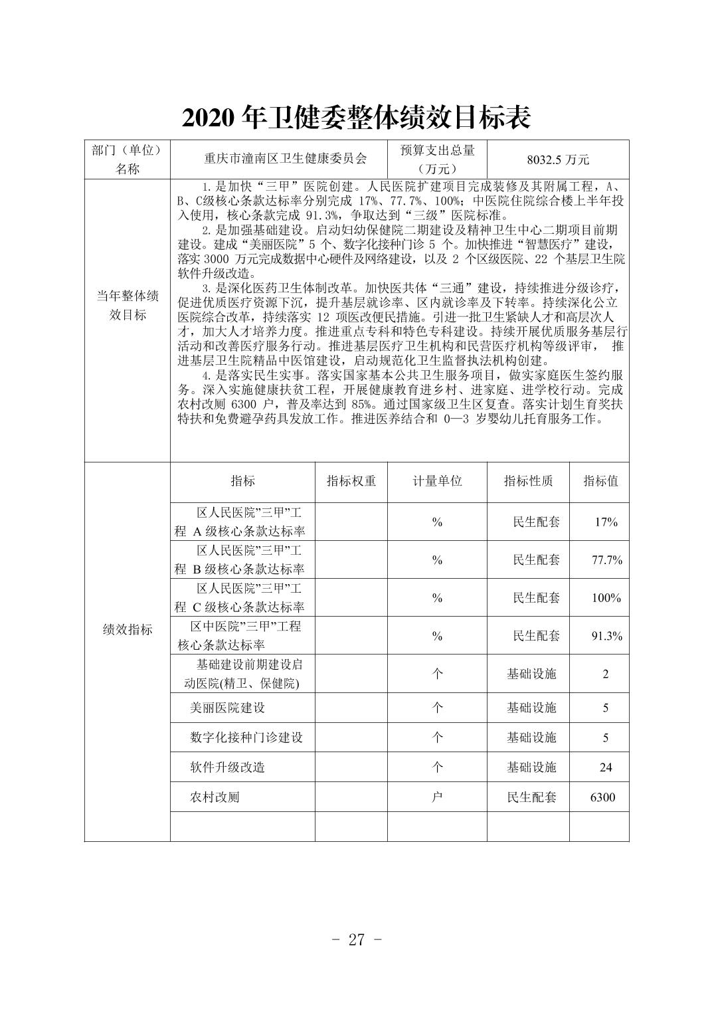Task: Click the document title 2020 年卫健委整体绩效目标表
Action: (357, 118)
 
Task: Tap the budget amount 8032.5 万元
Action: (558, 159)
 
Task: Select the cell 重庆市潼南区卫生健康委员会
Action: (286, 159)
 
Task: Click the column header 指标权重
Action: (351, 481)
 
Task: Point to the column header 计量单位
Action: (437, 481)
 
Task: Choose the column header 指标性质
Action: (528, 481)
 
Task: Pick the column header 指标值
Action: (600, 481)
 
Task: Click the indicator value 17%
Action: (606, 522)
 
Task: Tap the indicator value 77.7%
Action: (606, 560)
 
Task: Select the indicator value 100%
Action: (606, 598)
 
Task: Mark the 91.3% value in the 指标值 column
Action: (606, 636)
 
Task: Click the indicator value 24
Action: (606, 767)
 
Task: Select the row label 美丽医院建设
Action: (228, 708)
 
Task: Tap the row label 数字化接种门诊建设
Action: (246, 738)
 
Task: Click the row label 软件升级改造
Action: (228, 767)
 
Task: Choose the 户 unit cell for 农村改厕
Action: (437, 797)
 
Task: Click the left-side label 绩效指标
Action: (128, 630)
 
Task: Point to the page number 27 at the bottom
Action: (357, 940)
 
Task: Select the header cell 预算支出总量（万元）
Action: (437, 159)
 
